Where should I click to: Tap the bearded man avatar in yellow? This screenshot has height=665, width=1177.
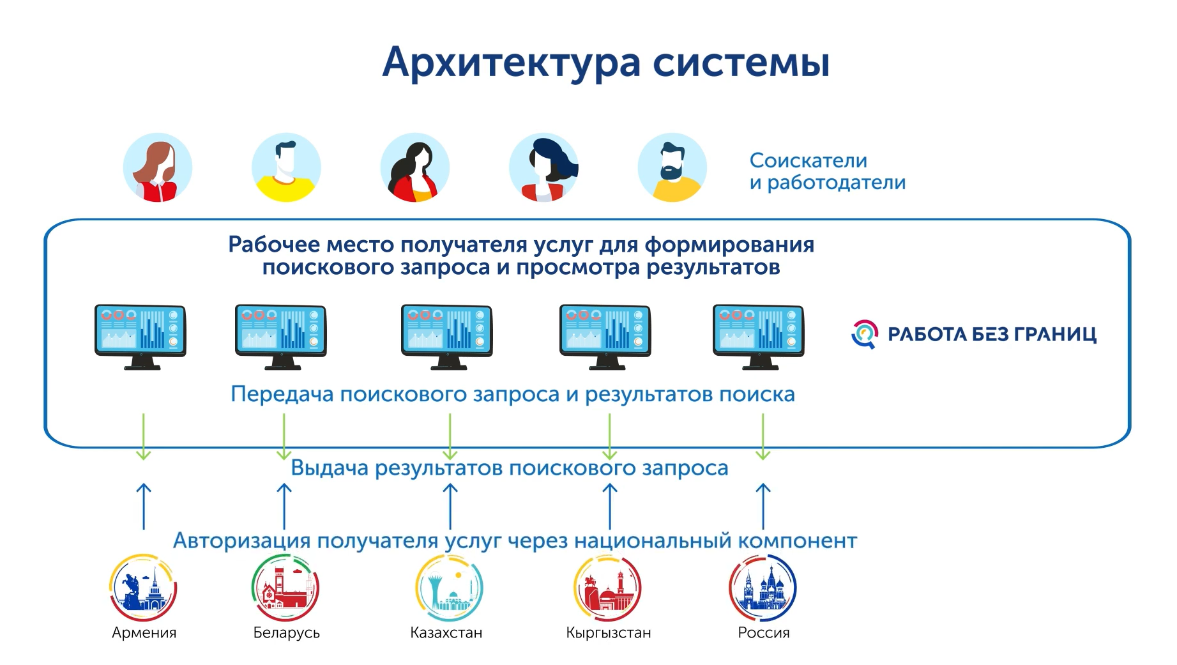coord(672,167)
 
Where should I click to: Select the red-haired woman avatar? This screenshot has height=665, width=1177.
coord(158,167)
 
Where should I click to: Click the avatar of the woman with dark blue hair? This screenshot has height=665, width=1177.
coord(544,167)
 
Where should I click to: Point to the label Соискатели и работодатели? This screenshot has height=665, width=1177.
coord(828,171)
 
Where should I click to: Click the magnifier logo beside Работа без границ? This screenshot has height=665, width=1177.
coord(865,334)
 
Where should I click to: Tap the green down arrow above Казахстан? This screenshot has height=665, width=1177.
coord(450,436)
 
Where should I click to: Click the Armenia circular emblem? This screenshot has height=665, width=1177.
coord(143,587)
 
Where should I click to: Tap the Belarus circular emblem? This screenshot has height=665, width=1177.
coord(285,587)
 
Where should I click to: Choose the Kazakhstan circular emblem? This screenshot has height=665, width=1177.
coord(449,587)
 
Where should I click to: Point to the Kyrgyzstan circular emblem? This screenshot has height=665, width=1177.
coord(607,587)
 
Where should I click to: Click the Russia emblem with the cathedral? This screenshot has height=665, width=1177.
coord(763,587)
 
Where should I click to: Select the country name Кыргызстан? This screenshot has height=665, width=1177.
coord(609,633)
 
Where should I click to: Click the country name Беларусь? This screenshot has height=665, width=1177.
coord(286,633)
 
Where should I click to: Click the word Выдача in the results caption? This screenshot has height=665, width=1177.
coord(330,468)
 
